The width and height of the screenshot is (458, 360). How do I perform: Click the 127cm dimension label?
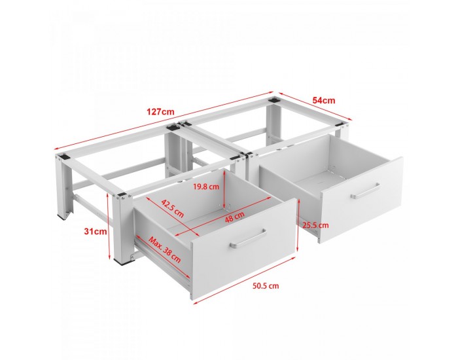point(160,112)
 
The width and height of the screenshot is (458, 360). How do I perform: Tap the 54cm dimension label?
point(324,101)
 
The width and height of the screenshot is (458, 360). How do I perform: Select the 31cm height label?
point(96,232)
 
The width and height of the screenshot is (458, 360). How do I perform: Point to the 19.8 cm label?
point(206,187)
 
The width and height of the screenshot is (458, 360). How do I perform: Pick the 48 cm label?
point(234,217)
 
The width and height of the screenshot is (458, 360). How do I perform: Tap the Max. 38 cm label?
point(164,249)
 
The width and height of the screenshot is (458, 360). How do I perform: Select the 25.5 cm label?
point(315,225)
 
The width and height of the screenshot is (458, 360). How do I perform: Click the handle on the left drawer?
point(248,238)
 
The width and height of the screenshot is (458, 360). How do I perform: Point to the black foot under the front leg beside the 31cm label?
point(123,262)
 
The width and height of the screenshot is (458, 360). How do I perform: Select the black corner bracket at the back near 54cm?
point(273,99)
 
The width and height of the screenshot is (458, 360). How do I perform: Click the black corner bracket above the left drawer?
point(122,196)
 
